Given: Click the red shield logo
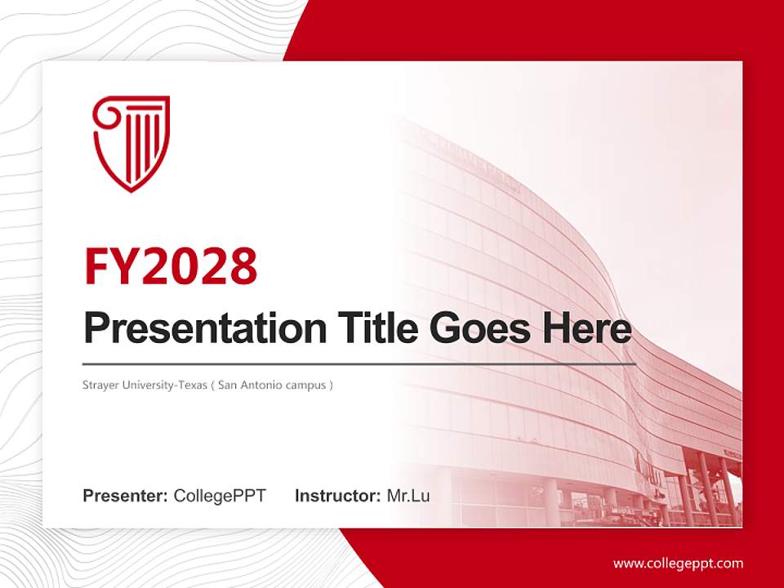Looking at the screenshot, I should (131, 143).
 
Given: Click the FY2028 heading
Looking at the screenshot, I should (171, 265).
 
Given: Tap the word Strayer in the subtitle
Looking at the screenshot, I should (99, 385).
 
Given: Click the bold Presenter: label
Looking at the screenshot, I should (126, 496).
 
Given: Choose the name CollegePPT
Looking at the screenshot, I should (220, 496).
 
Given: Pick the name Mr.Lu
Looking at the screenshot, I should (408, 496).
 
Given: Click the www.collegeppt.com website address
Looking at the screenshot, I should (678, 563).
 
